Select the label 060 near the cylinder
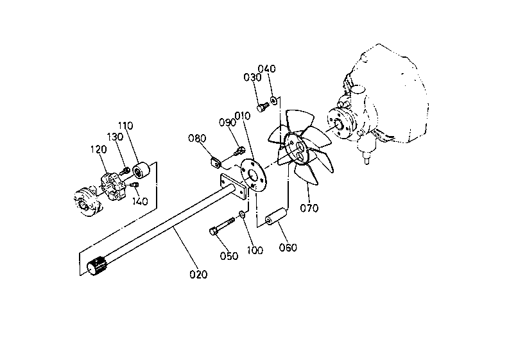pyautogui.click(x=288, y=248)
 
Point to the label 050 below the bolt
pyautogui.click(x=229, y=256)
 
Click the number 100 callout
pyautogui.click(x=255, y=250)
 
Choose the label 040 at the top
pyautogui.click(x=267, y=69)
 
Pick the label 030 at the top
pyautogui.click(x=252, y=78)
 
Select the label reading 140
pyautogui.click(x=140, y=201)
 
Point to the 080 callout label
pyautogui.click(x=196, y=138)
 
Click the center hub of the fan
pyautogui.click(x=299, y=150)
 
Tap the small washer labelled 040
pyautogui.click(x=274, y=99)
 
